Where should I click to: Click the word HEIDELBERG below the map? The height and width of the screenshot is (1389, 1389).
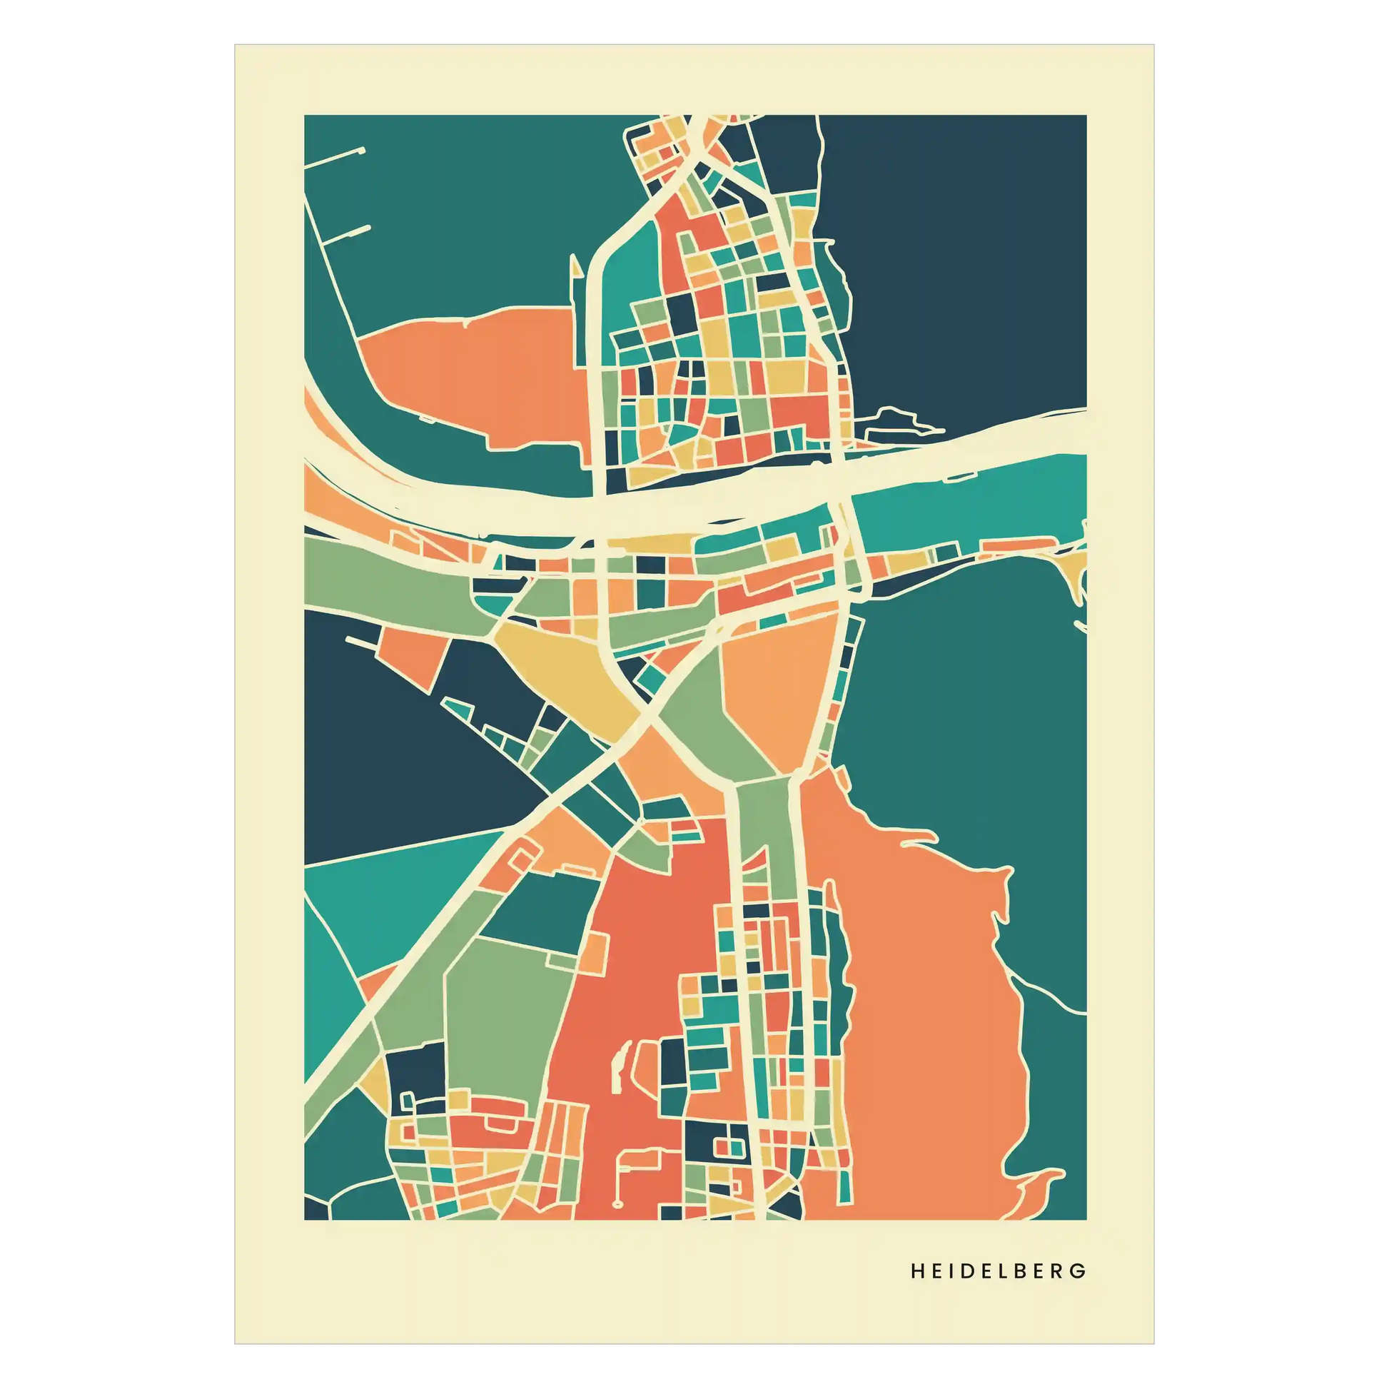[998, 1271]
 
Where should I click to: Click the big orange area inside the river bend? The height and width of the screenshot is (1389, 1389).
[475, 374]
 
